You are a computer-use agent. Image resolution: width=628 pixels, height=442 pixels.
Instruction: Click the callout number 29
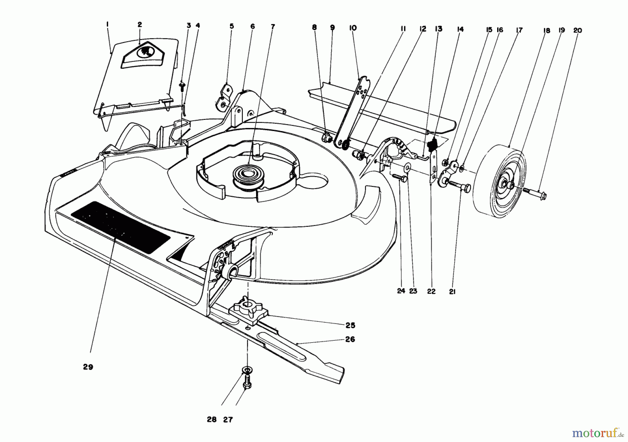(88, 367)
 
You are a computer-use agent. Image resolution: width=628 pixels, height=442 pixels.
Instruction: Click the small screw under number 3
(182, 85)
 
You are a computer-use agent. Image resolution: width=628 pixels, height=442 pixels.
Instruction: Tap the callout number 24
(401, 291)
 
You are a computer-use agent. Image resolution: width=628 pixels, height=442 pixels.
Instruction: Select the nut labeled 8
(327, 137)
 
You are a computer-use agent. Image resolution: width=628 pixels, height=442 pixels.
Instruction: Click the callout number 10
(353, 28)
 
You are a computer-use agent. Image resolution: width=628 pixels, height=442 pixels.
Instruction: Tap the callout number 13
(439, 29)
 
